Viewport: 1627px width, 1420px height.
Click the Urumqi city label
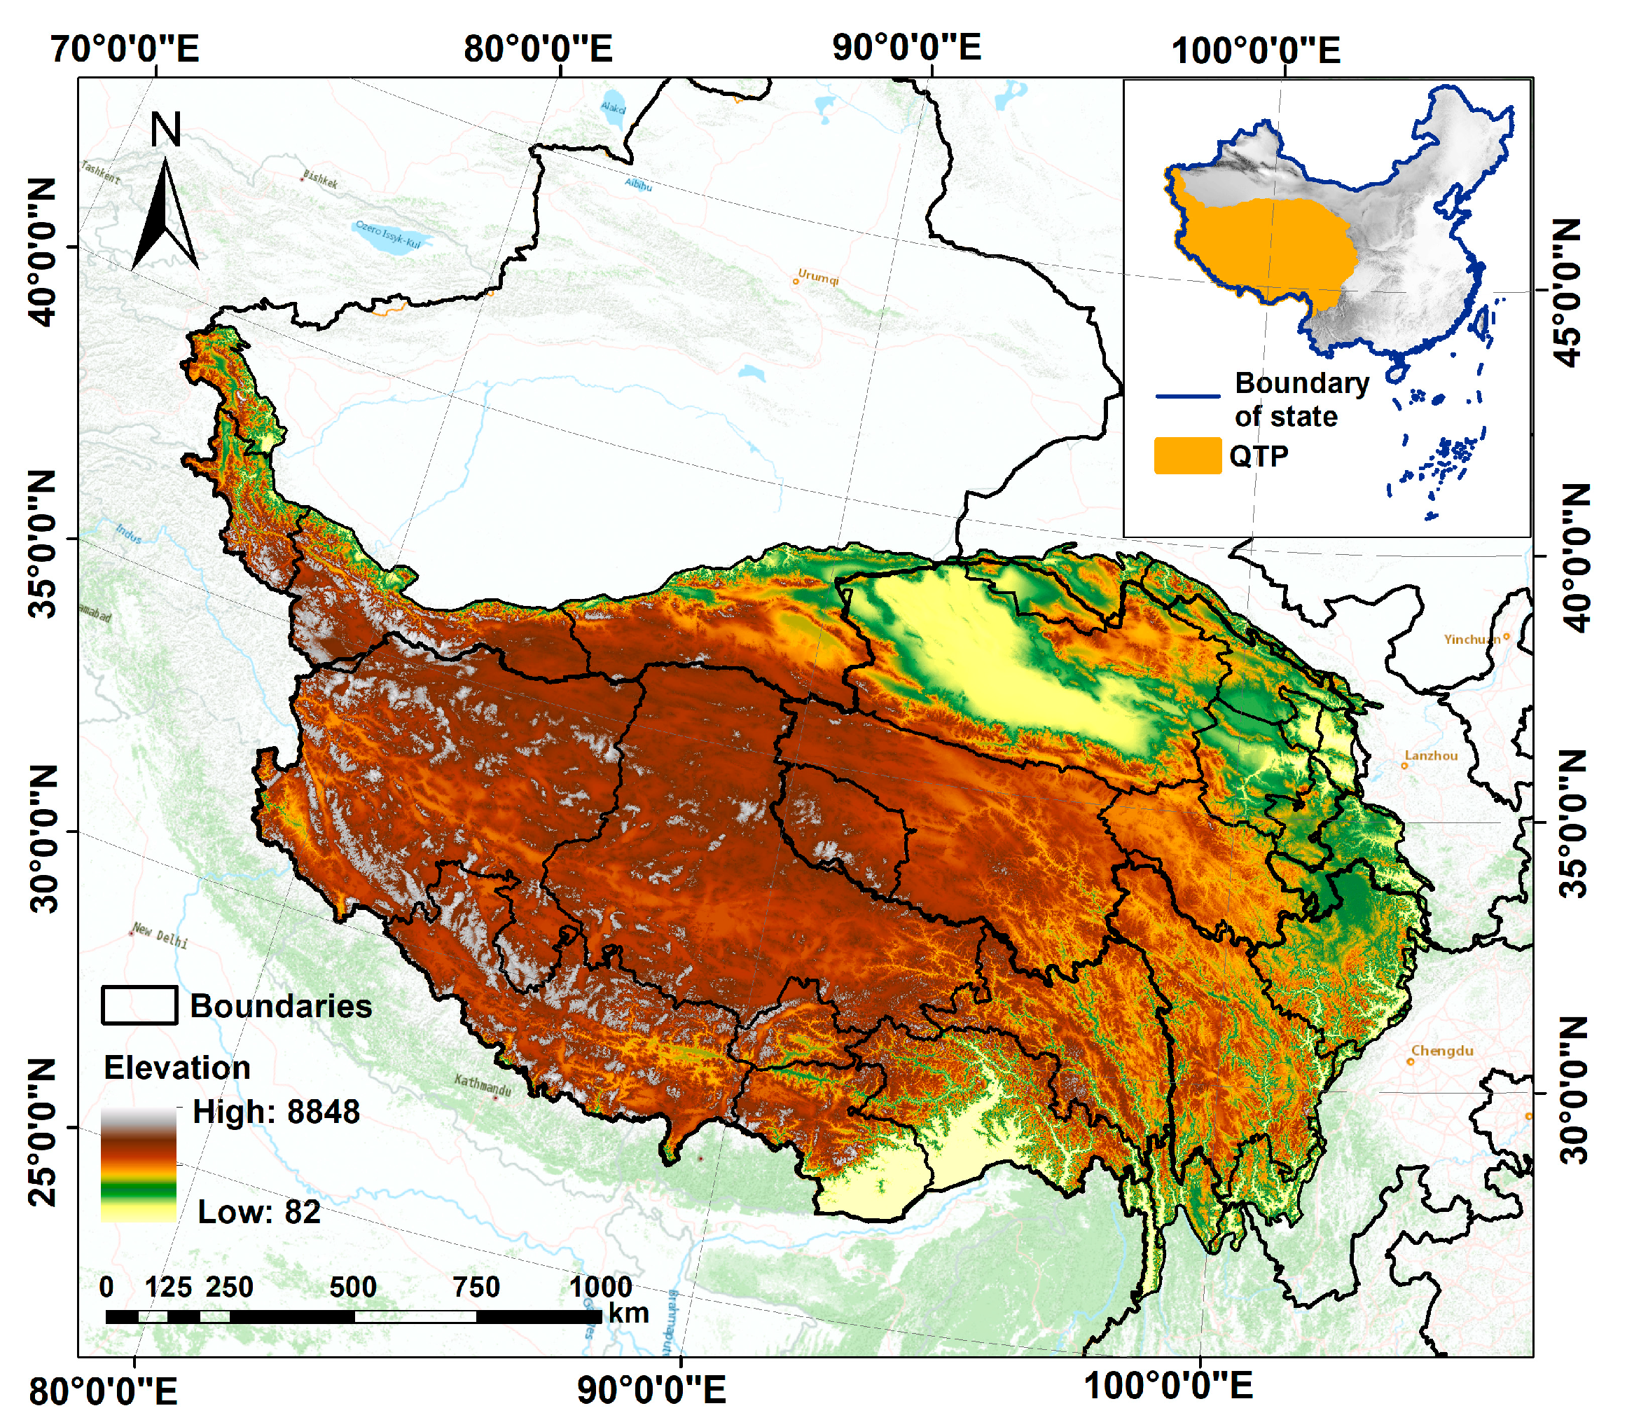817,277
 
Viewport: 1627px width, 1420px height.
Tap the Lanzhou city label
1431,756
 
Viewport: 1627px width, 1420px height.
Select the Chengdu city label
1441,1052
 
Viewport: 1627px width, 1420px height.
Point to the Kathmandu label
483,1085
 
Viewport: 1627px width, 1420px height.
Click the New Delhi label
160,936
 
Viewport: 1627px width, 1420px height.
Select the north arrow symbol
165,216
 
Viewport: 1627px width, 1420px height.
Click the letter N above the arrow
165,130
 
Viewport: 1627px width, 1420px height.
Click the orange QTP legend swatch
1187,455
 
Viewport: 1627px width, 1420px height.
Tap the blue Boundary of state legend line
1187,395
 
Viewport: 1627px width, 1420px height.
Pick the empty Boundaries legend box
139,1005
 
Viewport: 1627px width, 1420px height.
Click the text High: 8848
276,1112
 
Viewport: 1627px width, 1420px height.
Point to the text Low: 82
258,1212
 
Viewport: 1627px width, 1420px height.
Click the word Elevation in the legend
176,1068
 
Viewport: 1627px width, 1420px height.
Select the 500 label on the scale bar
352,1287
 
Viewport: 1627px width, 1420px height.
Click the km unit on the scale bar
628,1313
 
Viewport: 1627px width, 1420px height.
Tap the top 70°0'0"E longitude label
125,49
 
